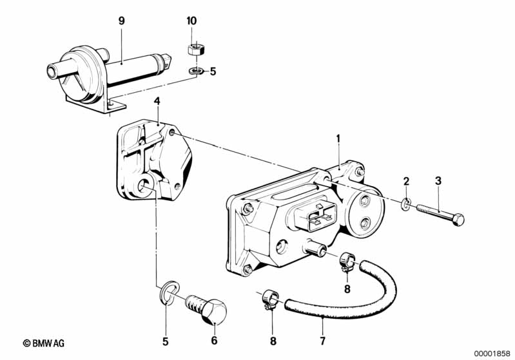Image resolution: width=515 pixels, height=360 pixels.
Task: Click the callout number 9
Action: click(122, 21)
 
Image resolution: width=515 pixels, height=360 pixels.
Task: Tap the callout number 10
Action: click(191, 21)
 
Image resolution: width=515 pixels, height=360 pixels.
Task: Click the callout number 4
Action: click(157, 101)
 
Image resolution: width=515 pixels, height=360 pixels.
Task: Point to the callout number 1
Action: click(338, 139)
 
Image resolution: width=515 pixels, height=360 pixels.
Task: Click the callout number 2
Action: click(406, 181)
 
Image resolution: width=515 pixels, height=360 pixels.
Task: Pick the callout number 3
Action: click(438, 180)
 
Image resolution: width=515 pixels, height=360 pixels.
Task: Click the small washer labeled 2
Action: click(406, 204)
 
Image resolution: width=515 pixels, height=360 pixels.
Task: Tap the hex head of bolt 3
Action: click(458, 219)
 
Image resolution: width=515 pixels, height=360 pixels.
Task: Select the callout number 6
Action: click(214, 340)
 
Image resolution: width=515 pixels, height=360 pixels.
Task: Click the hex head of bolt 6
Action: click(214, 311)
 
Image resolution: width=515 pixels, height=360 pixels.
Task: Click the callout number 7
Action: click(322, 341)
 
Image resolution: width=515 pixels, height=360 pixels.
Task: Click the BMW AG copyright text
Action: click(44, 343)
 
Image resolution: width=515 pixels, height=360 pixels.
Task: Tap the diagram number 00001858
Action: click(492, 354)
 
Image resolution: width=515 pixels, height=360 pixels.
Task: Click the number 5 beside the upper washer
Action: click(213, 71)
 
